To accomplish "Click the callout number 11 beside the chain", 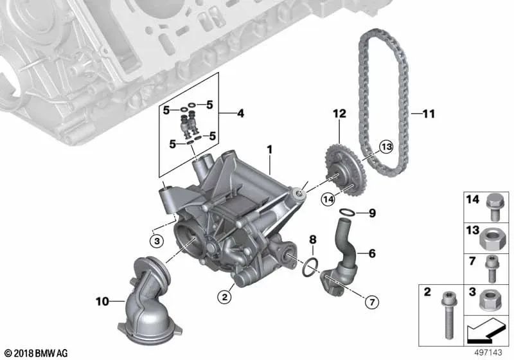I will coord(429,114).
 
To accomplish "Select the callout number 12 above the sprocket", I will coord(339,113).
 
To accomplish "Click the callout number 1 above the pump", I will coord(270,150).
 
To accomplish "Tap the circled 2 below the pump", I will coord(224,296).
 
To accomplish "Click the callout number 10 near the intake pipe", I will coord(103,300).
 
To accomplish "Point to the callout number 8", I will coord(313,239).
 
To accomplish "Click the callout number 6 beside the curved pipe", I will coord(371,253).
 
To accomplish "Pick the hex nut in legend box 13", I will coord(491,240).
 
